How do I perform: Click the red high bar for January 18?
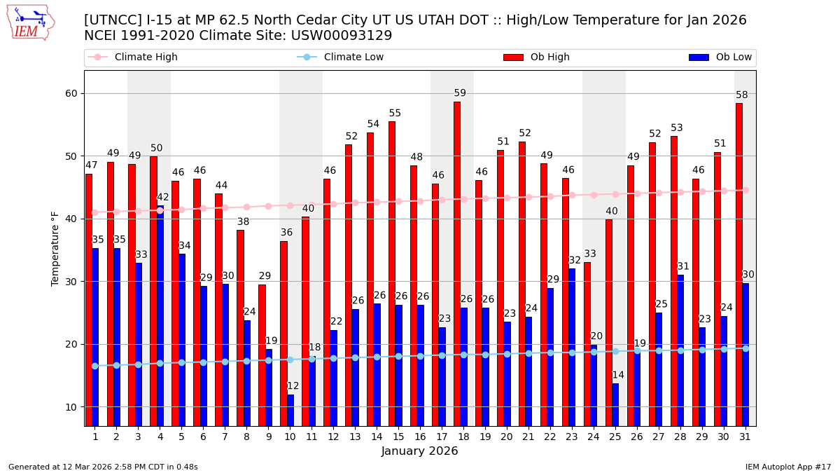point(456,263)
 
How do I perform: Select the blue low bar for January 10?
point(290,410)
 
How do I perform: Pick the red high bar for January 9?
point(262,355)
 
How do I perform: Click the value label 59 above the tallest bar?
point(460,93)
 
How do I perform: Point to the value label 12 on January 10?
point(293,386)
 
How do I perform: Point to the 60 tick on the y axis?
point(71,93)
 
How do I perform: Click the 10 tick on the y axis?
point(71,407)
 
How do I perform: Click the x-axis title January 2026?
point(420,451)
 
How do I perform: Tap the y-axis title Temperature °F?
point(56,248)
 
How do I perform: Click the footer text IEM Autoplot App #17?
point(788,467)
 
